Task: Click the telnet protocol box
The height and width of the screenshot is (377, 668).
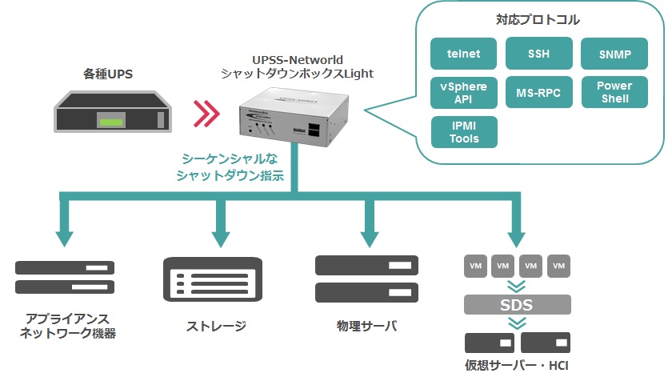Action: pos(464,54)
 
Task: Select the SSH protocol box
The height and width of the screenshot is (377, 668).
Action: pos(538,54)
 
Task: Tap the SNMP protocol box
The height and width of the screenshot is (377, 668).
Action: pos(614,54)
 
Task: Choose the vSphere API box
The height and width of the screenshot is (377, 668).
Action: pos(464,93)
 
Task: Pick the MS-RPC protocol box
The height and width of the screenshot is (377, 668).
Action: pos(538,93)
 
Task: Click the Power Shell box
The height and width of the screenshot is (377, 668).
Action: pos(614,93)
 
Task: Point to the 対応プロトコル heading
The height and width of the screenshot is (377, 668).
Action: pos(538,18)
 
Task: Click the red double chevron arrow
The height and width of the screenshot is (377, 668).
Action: pos(206,114)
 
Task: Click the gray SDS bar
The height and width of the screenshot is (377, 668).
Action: pos(517,305)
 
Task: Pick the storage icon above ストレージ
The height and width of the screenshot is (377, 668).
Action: pos(214,279)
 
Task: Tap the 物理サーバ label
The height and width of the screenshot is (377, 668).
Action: pos(367,326)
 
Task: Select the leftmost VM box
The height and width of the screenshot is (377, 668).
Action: pos(475,265)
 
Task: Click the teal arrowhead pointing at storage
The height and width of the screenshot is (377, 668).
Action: pos(219,238)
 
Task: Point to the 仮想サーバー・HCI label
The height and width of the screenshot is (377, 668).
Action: pos(518,365)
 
